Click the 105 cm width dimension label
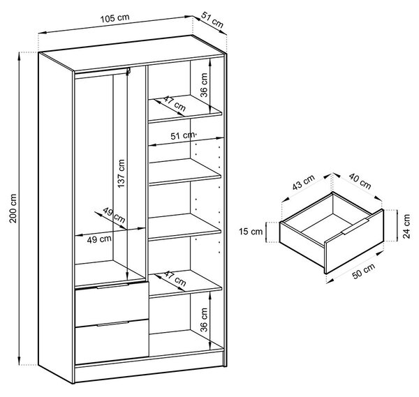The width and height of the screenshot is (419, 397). pos(115,18)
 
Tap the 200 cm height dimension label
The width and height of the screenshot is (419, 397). pos(13,209)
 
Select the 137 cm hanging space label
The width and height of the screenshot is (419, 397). pos(121,174)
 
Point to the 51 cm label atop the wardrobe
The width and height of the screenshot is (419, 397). pos(212,20)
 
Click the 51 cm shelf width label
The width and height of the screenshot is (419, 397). pos(183,135)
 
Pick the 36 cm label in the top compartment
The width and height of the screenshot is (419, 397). pos(204,85)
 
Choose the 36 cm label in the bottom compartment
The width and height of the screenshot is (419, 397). pos(204,320)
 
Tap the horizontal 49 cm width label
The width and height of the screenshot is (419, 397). pos(99,239)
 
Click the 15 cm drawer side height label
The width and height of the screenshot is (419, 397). pos(251,231)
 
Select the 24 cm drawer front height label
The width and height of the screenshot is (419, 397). pos(406,226)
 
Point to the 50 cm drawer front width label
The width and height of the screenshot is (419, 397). pos(364,271)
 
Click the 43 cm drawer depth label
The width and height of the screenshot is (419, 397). pos(303,182)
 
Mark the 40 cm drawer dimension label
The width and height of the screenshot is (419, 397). pos(360,181)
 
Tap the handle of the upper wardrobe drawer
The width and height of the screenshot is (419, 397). pos(112,286)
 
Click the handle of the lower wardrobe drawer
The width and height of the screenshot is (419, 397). pos(113,324)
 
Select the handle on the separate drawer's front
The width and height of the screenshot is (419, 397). pos(355,226)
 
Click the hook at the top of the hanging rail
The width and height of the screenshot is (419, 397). pos(128,71)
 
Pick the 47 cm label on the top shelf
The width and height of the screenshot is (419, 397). pos(175,103)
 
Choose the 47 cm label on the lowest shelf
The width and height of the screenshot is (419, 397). pos(175,278)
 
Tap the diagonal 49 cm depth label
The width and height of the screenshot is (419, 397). pos(114,215)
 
